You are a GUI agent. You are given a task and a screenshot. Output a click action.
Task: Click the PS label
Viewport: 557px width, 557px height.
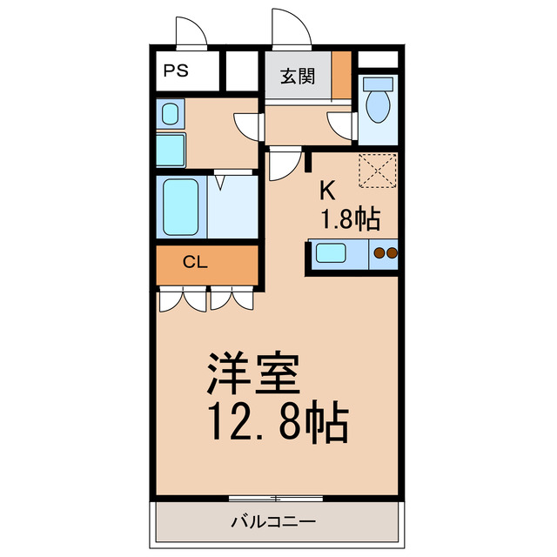176,72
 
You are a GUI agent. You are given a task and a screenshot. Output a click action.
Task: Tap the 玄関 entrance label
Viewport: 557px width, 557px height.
297,76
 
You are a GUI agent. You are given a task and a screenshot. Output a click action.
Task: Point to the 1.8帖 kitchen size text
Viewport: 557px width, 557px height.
351,218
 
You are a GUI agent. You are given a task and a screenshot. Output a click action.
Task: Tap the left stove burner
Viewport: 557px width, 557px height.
379,254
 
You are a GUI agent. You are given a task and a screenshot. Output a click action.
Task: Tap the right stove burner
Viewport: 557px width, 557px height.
392,254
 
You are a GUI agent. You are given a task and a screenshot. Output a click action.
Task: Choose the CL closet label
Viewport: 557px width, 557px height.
195,262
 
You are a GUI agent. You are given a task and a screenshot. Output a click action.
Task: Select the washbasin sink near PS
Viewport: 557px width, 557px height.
171,114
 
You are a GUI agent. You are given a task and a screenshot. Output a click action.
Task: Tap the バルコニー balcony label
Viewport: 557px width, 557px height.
273,523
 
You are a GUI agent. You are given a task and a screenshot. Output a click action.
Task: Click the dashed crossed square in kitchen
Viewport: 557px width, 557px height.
378,169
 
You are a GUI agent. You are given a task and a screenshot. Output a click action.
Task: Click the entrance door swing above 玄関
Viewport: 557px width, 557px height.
291,29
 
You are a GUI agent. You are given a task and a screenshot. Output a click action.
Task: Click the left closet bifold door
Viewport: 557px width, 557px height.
183,300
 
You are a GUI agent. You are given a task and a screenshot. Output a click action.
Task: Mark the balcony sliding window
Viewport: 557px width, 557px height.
275,498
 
